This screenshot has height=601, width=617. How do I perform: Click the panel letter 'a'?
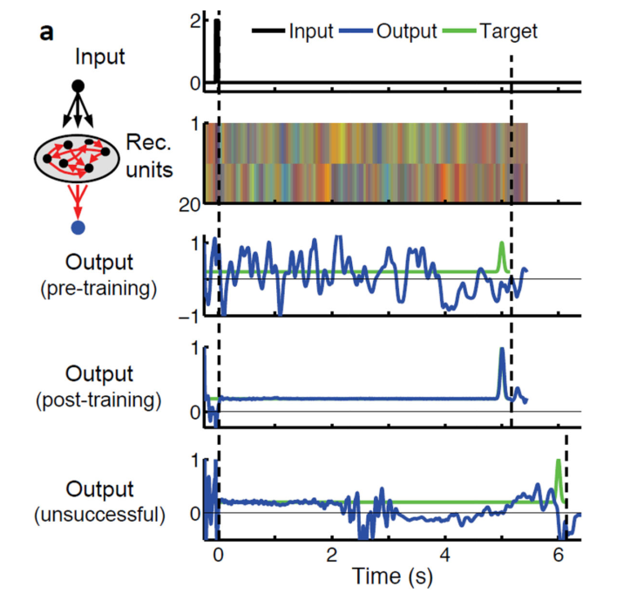[x=48, y=33]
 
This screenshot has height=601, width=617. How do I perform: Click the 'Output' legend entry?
[x=406, y=31]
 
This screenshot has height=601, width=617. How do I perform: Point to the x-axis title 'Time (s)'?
[x=393, y=577]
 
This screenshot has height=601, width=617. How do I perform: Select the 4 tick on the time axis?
[x=445, y=556]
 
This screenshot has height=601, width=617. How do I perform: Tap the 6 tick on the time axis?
[x=559, y=556]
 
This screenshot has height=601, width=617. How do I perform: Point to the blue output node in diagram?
[x=78, y=228]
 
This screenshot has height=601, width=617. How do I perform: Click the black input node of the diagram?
[x=78, y=85]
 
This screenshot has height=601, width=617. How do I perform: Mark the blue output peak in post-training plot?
[x=501, y=350]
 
